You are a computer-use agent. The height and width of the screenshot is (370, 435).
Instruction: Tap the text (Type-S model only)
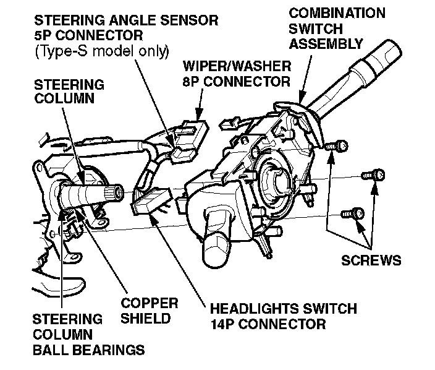tap(102, 51)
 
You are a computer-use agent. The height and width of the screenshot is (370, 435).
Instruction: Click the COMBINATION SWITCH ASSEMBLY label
tap(336, 28)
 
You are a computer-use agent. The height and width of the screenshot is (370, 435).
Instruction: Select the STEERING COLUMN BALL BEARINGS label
tap(87, 335)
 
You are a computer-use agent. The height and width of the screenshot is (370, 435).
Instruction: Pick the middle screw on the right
tap(370, 176)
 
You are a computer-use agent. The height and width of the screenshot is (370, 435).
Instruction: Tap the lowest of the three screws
tap(355, 213)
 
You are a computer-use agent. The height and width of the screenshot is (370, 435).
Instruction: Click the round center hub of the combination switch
tap(277, 181)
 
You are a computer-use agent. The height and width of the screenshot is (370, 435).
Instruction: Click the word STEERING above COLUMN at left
tap(69, 84)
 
